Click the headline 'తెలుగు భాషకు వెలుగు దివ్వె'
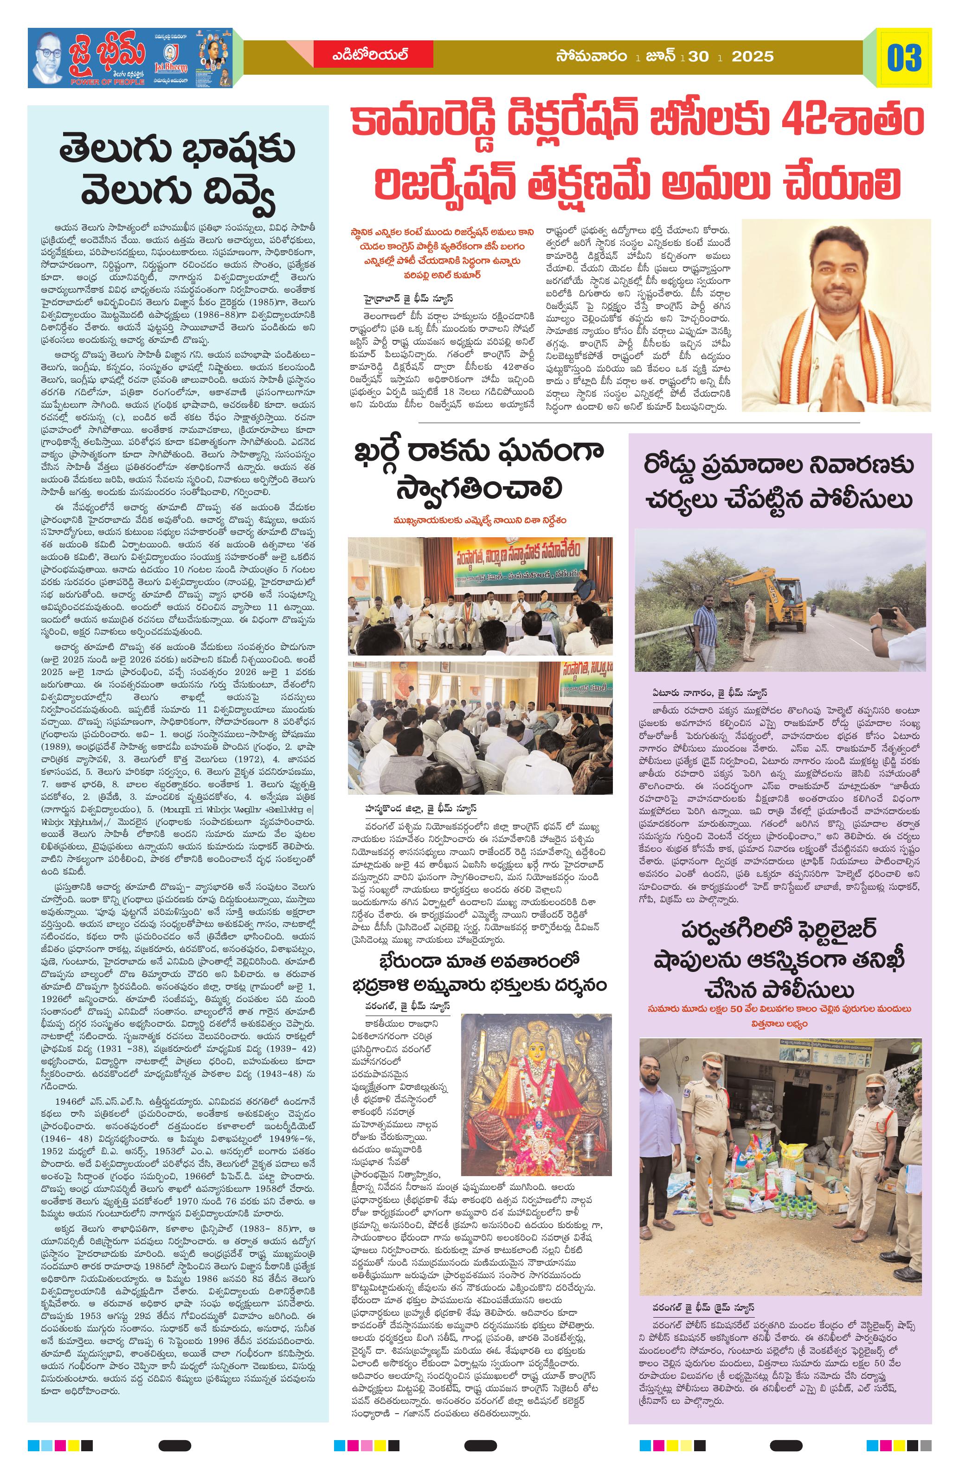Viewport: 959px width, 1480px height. pos(178,170)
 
